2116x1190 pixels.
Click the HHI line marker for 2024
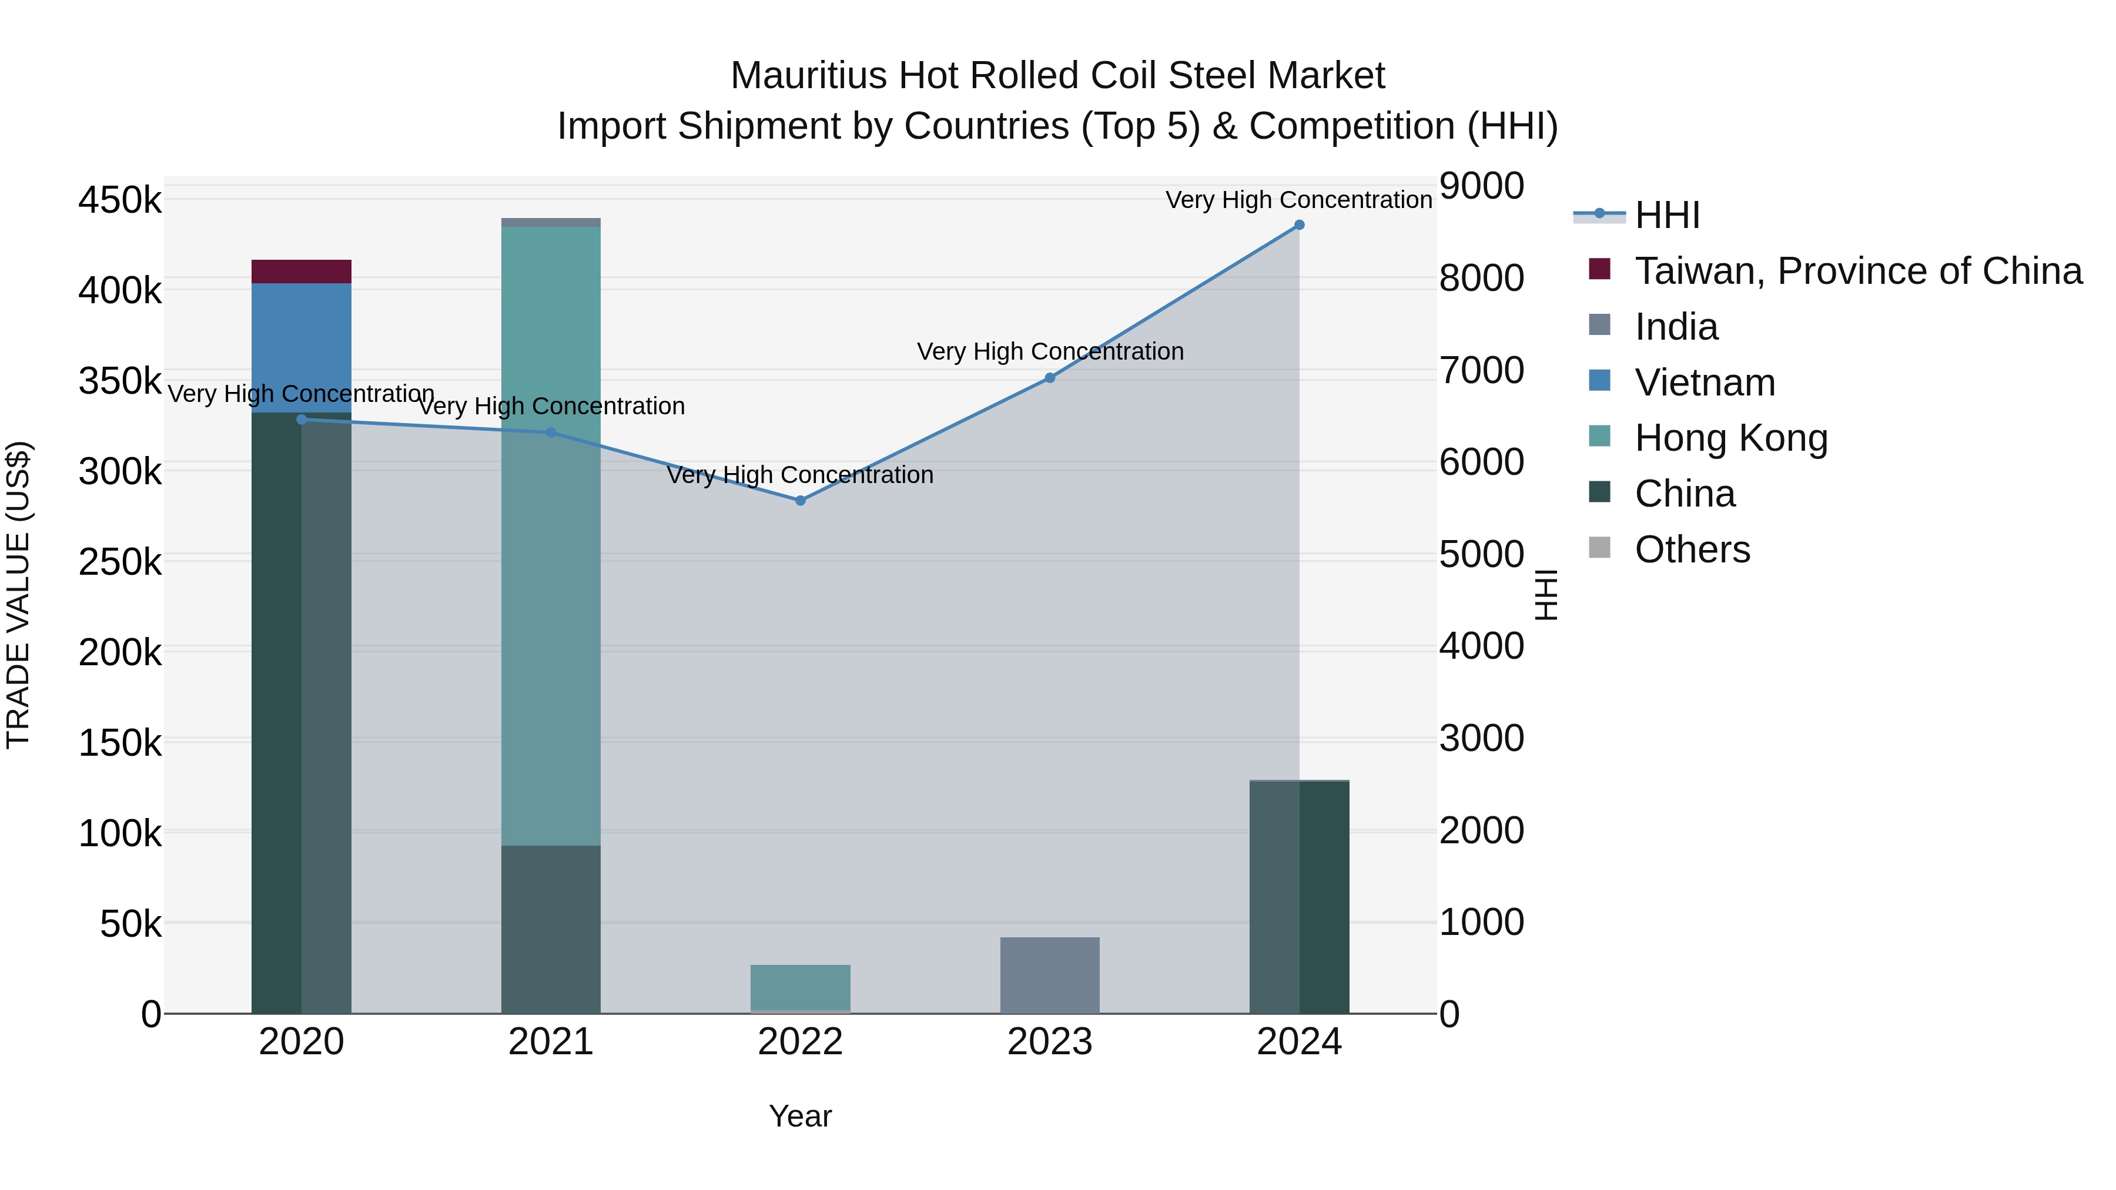(x=1298, y=225)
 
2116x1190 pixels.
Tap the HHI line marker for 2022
(x=800, y=500)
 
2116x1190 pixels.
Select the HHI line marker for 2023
(x=1050, y=378)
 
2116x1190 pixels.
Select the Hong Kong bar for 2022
(x=800, y=986)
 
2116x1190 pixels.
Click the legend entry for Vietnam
(x=1705, y=383)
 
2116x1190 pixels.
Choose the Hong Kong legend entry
(x=1731, y=438)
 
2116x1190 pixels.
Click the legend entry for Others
(x=1692, y=549)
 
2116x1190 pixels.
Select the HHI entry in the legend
(x=1667, y=215)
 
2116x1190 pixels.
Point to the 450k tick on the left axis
(x=120, y=200)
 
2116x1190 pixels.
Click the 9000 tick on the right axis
(x=1482, y=186)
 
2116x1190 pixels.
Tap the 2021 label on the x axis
(x=550, y=1042)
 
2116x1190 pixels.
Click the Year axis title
(x=800, y=1116)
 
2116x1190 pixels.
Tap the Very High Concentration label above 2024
(x=1298, y=200)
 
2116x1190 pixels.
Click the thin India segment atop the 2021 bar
(x=550, y=223)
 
